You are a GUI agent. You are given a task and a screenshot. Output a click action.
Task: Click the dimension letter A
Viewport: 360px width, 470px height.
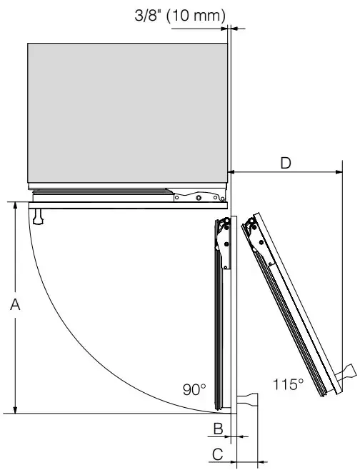pos(15,304)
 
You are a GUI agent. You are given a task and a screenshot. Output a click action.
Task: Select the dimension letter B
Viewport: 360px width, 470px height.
pos(218,429)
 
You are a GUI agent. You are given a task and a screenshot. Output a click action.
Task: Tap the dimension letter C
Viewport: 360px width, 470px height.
pos(217,454)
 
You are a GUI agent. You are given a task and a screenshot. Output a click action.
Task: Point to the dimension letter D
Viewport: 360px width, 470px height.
pos(286,164)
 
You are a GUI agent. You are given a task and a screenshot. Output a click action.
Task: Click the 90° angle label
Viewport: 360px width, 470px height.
pos(194,389)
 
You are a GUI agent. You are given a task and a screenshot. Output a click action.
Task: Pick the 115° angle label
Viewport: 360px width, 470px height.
pos(288,384)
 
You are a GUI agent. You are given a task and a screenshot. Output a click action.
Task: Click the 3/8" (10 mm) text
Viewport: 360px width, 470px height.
pos(180,15)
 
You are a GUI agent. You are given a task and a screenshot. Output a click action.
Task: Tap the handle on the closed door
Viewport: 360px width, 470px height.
pos(38,216)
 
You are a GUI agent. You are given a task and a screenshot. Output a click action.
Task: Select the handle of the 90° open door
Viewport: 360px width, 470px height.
pos(248,400)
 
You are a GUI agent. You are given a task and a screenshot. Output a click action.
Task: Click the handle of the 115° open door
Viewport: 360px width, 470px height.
pos(346,373)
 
